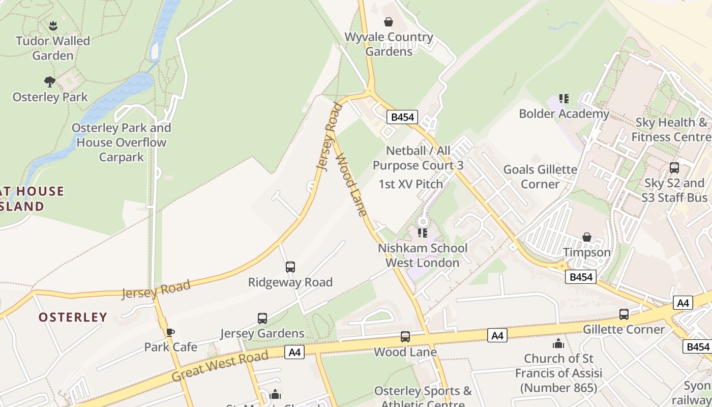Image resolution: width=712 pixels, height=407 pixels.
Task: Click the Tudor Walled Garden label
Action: pyautogui.click(x=53, y=48)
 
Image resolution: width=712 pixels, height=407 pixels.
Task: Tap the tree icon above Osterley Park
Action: pyautogui.click(x=50, y=81)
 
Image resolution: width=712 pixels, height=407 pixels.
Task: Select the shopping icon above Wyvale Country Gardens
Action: pyautogui.click(x=389, y=22)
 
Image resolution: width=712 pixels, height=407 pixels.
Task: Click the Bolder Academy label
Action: pyautogui.click(x=563, y=113)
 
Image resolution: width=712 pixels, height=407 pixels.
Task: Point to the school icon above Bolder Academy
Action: pyautogui.click(x=563, y=98)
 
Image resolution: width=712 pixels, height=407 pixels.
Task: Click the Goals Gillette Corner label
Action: pyautogui.click(x=540, y=177)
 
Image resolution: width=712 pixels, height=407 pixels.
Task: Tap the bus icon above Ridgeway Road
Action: pyautogui.click(x=290, y=267)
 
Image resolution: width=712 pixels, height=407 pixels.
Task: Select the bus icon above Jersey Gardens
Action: pyautogui.click(x=262, y=318)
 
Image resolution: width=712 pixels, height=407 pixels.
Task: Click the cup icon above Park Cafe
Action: pyautogui.click(x=170, y=332)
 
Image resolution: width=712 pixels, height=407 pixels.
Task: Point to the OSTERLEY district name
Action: pyautogui.click(x=73, y=317)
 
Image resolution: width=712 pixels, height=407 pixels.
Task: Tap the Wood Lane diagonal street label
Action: pyautogui.click(x=351, y=184)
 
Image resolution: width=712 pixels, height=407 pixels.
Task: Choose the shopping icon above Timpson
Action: pyautogui.click(x=586, y=237)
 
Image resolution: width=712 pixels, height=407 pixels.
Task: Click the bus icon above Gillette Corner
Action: pyautogui.click(x=624, y=314)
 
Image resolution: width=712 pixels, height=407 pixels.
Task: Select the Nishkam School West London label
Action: pyautogui.click(x=423, y=255)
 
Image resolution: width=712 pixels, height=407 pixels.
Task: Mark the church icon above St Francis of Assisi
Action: pyautogui.click(x=558, y=344)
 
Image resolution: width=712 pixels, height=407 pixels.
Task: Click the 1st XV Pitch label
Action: pyautogui.click(x=410, y=184)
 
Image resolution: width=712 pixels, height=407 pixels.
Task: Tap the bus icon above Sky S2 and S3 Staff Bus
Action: pyautogui.click(x=674, y=168)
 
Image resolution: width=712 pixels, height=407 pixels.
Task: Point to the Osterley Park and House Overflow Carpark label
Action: pyautogui.click(x=121, y=142)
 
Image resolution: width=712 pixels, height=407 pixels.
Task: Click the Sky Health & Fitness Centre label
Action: pyautogui.click(x=671, y=130)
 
